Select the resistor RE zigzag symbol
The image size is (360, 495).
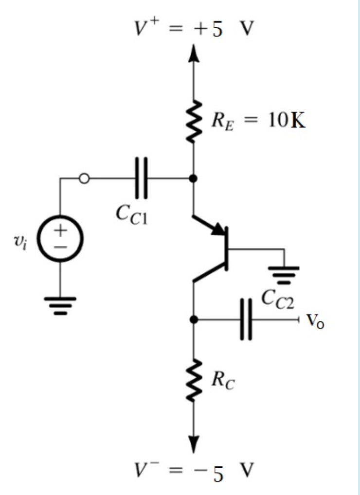[194, 122]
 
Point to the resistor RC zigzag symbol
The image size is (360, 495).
[194, 381]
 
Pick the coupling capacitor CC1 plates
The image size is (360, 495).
[141, 179]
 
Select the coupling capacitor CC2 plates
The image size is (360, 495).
[247, 319]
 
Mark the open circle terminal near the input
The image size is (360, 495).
[84, 179]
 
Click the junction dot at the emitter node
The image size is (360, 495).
[194, 179]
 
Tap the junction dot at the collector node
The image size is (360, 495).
[194, 320]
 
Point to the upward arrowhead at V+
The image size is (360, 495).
[194, 53]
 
